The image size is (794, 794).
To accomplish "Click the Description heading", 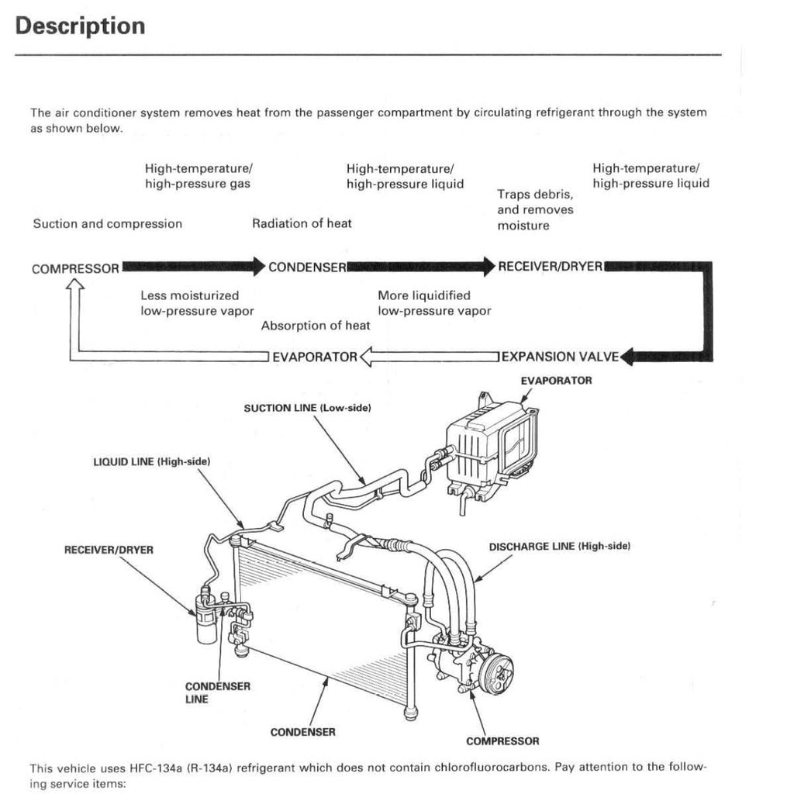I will (x=80, y=26).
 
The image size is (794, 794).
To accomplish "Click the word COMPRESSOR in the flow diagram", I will (x=75, y=269).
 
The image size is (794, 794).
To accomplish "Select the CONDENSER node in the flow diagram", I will (x=307, y=268).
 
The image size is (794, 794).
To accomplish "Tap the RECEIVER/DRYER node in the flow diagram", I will (x=550, y=267).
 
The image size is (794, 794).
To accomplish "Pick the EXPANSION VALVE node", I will (x=561, y=357).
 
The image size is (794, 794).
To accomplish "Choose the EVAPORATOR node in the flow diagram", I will (x=314, y=357).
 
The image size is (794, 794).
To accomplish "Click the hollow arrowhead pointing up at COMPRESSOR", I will (x=74, y=288).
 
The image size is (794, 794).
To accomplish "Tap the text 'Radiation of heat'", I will (x=302, y=223).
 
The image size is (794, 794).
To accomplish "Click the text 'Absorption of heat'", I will (x=316, y=326).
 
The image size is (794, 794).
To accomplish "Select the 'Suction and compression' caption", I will (x=107, y=224).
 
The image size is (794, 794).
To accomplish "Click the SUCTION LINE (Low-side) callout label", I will (x=307, y=408).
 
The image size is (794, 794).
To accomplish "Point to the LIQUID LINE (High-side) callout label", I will (x=152, y=461).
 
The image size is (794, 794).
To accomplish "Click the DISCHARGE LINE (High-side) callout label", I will (x=559, y=547).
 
